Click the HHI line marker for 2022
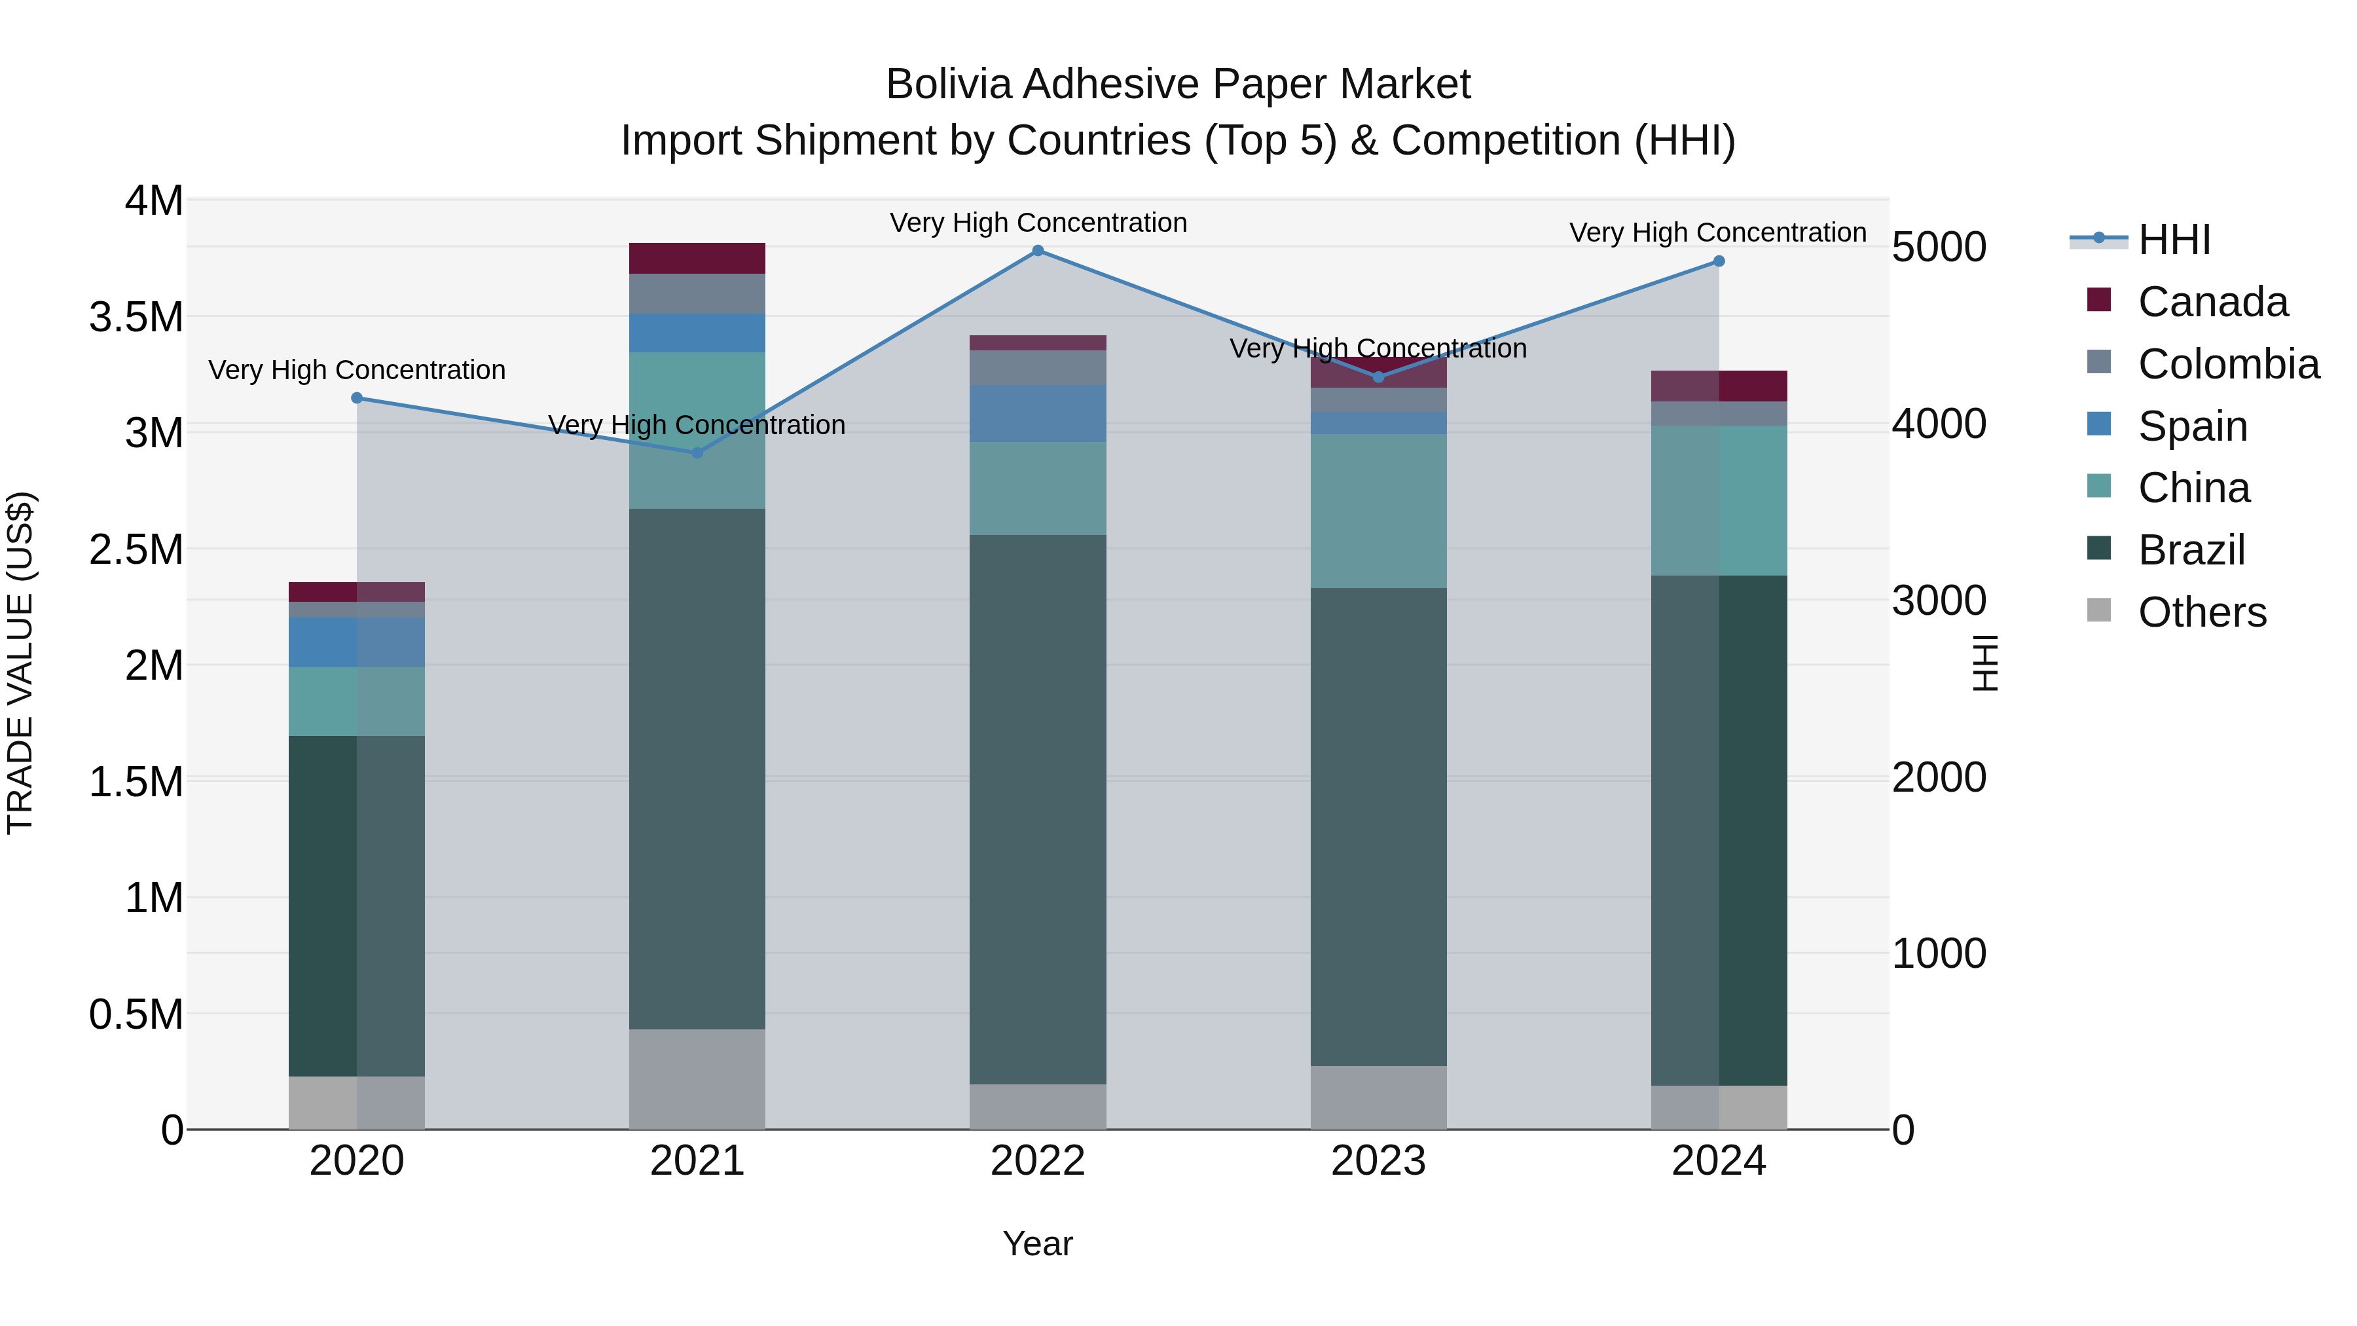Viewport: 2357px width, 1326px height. (x=1038, y=251)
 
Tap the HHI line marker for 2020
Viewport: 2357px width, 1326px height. (x=357, y=398)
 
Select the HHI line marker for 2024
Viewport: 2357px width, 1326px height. (x=1719, y=262)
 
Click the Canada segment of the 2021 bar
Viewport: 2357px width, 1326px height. (x=697, y=258)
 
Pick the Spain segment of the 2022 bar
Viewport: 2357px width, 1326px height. (x=1038, y=414)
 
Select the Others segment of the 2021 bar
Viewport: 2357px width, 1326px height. (x=697, y=1079)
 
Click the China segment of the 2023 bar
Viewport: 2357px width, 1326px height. (x=1378, y=511)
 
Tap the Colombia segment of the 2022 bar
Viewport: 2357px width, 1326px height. (x=1038, y=368)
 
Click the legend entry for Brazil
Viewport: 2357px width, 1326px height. (x=2191, y=550)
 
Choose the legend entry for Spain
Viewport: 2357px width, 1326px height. (x=2192, y=426)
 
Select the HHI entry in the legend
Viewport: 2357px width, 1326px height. (x=2174, y=240)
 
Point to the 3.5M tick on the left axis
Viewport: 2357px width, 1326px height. (x=136, y=317)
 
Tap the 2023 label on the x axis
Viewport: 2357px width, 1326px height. (x=1378, y=1161)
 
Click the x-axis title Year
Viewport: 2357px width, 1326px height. (x=1038, y=1243)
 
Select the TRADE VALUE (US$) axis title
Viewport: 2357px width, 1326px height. (x=20, y=663)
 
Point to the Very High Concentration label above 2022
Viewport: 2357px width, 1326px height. (x=1038, y=223)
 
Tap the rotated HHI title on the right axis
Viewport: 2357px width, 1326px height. (x=1984, y=663)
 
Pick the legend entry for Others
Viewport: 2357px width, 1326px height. (x=2201, y=612)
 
